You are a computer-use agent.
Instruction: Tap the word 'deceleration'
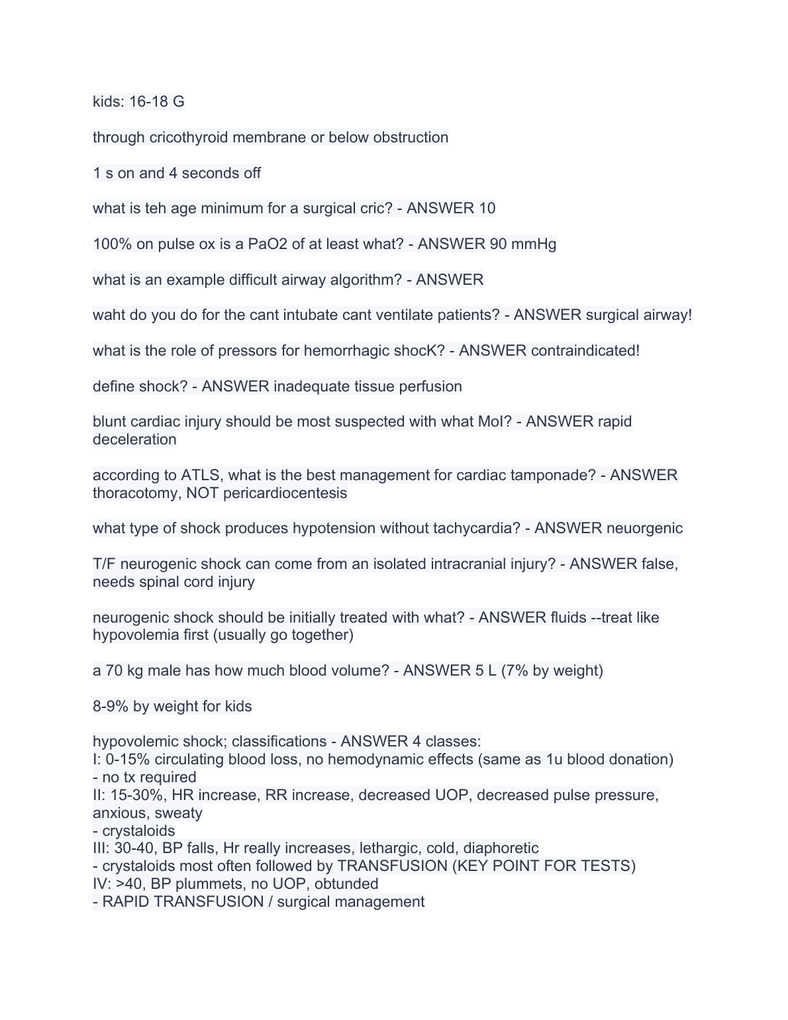pos(134,440)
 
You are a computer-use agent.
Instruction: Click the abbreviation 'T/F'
pos(104,564)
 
